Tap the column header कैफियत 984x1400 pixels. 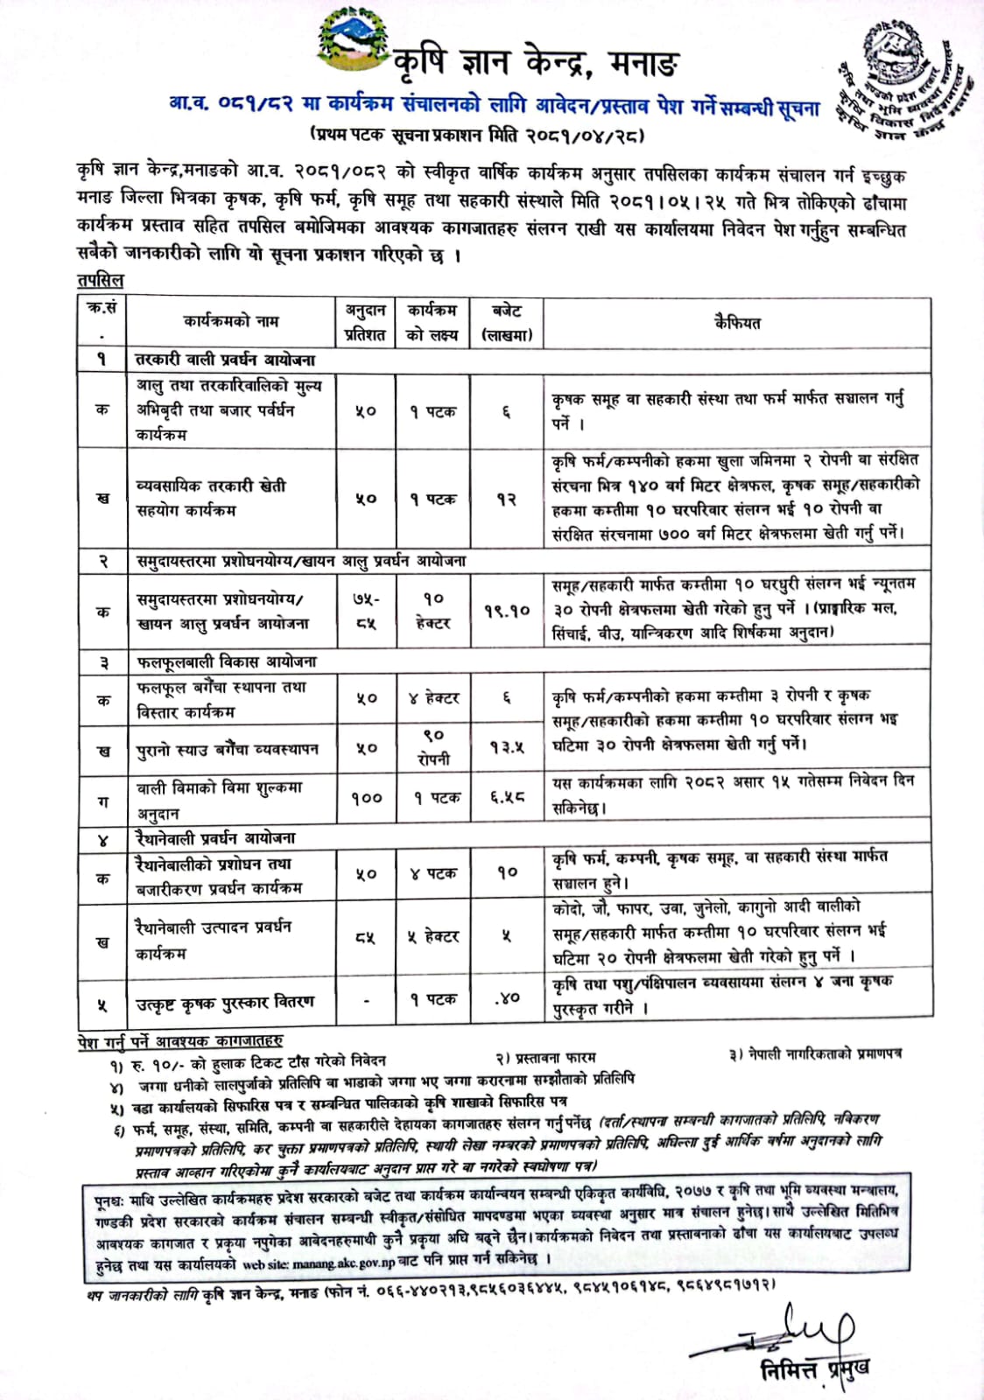(x=737, y=322)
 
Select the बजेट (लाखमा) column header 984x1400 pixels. (x=507, y=322)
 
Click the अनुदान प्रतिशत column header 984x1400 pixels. (x=365, y=322)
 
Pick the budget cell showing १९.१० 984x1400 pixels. (x=507, y=610)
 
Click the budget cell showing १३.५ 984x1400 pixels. (x=507, y=747)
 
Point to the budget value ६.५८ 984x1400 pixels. (x=507, y=798)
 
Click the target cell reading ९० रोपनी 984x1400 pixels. (x=433, y=747)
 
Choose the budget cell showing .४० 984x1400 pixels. (x=507, y=997)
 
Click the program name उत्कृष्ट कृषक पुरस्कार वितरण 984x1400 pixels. (x=224, y=1002)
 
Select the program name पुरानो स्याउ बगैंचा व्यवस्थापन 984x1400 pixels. (x=228, y=750)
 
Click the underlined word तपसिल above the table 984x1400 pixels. (x=101, y=281)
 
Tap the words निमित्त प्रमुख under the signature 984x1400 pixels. (x=814, y=1368)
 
